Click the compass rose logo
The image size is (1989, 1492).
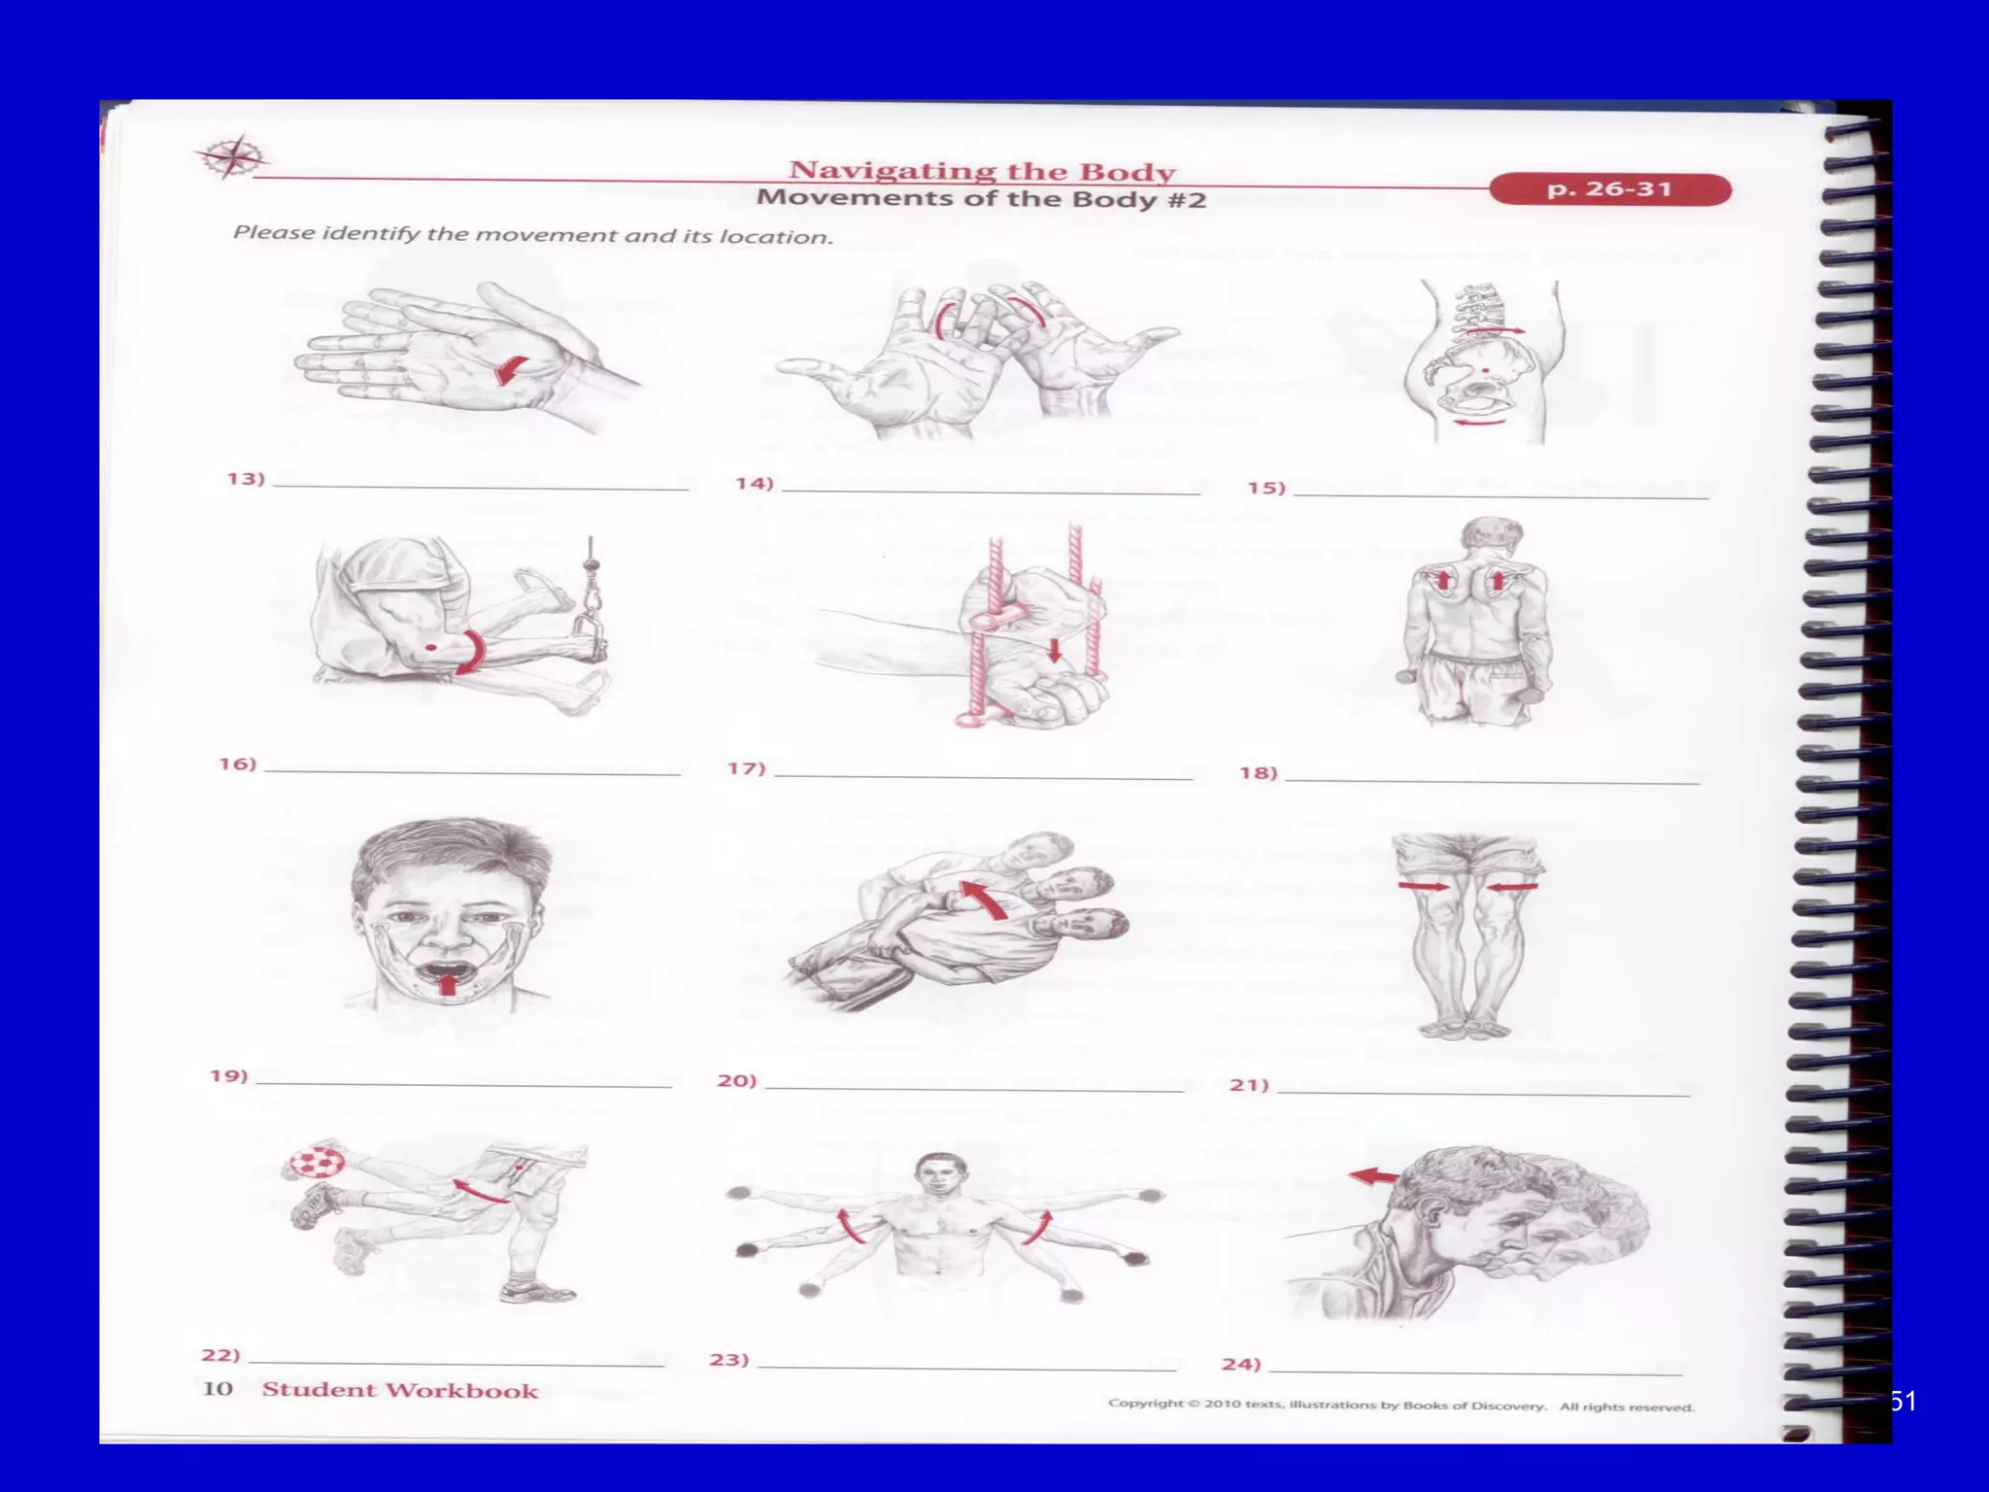229,157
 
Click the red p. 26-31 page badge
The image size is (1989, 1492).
1609,188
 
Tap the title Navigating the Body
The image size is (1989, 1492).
981,171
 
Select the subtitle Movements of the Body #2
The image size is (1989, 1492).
981,199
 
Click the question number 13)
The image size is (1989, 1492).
246,479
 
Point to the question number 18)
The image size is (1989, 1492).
1259,773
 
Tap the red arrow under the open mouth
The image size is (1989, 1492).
447,984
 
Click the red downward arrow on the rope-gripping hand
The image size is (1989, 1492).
1055,650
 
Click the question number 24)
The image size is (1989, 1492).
1241,1364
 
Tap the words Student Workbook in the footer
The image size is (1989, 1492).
399,1390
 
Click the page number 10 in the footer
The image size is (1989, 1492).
217,1388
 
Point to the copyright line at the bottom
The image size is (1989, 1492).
1400,1405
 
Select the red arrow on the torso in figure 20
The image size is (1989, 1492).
984,900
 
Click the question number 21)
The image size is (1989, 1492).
1249,1084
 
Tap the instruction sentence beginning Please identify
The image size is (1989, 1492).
532,235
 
